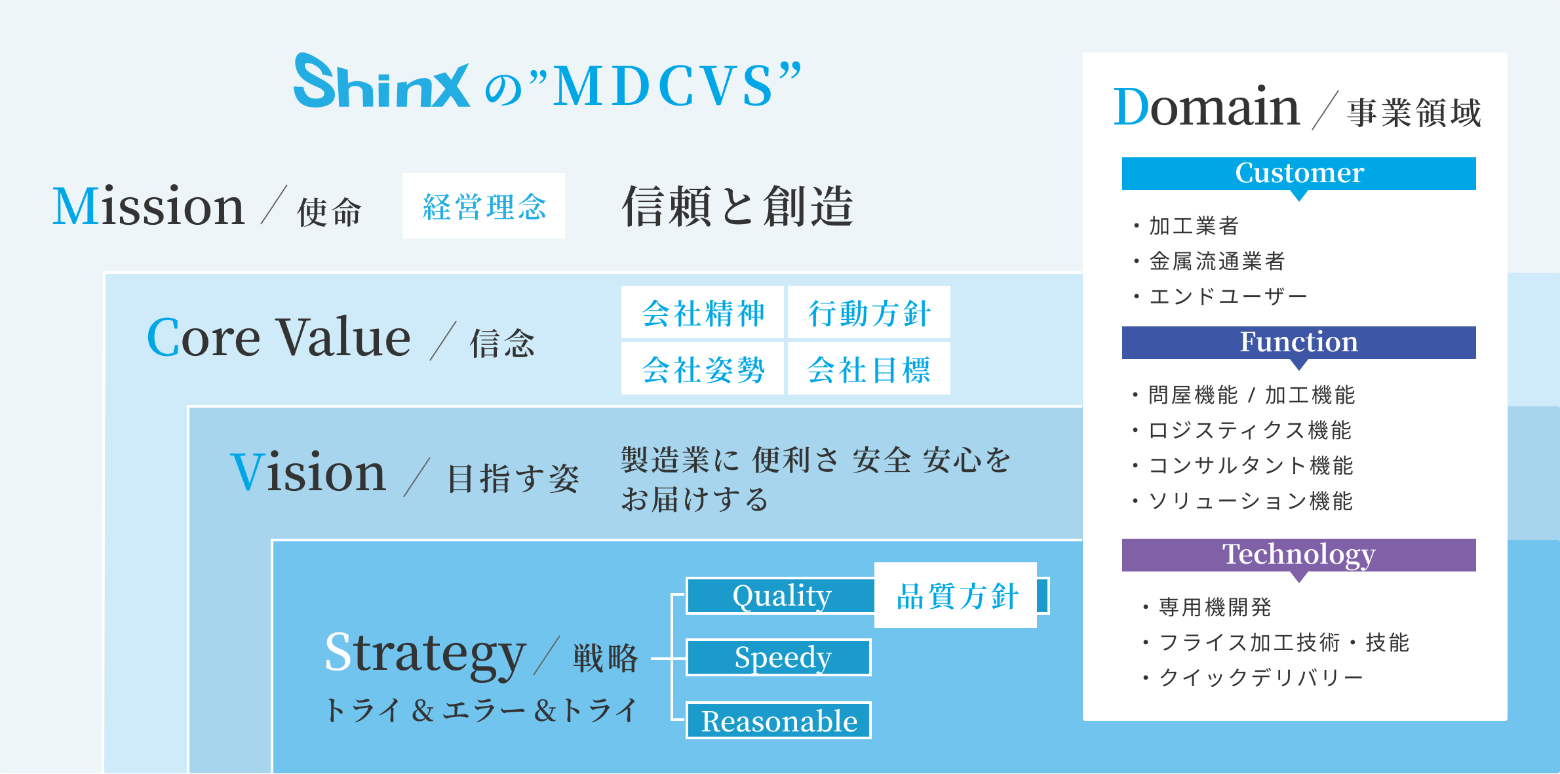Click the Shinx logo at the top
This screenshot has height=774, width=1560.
381,82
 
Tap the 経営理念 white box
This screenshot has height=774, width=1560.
484,206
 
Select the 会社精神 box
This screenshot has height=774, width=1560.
703,313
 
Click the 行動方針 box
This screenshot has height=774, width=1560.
869,313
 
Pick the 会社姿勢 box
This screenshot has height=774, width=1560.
703,369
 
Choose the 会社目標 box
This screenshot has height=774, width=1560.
869,369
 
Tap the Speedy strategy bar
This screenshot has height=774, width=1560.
779,657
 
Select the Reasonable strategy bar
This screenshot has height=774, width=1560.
779,721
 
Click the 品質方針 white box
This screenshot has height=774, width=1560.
956,596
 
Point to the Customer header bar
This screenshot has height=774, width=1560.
1298,174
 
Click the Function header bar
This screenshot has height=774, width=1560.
1298,343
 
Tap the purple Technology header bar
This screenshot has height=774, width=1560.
1298,555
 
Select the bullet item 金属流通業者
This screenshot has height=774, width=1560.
1217,261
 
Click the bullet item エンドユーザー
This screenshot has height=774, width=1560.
1228,296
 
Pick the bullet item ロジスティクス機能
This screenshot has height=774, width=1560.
1249,430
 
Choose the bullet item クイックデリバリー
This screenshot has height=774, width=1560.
1260,677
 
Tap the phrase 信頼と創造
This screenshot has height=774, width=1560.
737,206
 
